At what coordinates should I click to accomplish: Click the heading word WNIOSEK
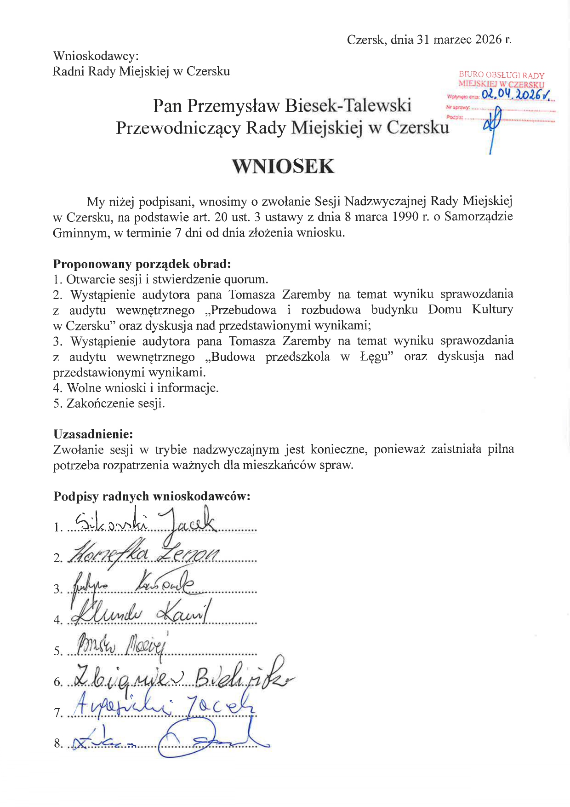(283, 167)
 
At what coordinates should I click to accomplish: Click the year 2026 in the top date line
(488, 40)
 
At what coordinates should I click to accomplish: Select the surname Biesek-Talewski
(348, 105)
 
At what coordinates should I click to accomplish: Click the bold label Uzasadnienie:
(93, 434)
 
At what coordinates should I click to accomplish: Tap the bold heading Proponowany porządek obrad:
(142, 264)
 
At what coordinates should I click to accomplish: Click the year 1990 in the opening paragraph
(405, 217)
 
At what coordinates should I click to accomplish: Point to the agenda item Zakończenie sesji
(115, 403)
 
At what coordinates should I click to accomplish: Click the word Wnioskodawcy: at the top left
(96, 56)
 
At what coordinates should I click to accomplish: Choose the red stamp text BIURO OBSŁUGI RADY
(502, 75)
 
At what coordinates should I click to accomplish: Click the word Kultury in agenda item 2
(492, 310)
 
